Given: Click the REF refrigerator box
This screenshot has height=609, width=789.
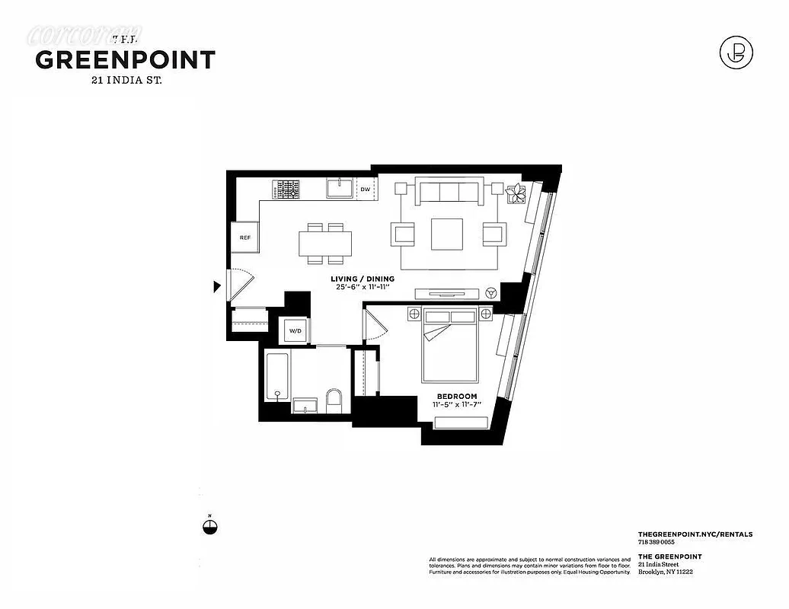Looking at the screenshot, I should click(244, 238).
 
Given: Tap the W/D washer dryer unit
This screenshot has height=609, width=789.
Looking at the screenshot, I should click(295, 330).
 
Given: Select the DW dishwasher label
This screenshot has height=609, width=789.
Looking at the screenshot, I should click(366, 190).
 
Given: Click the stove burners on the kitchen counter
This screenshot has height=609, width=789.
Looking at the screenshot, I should click(288, 189).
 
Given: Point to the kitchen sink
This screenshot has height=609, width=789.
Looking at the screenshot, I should click(338, 188).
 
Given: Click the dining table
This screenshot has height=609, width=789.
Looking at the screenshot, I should click(325, 244).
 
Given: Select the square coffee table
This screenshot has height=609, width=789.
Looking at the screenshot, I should click(447, 234).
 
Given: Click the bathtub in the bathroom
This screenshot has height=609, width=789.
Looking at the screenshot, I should click(276, 377).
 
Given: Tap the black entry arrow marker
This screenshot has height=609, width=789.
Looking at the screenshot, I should click(217, 287).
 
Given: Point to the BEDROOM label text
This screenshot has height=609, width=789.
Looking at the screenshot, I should click(456, 396).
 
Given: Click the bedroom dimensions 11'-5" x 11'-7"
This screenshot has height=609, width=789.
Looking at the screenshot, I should click(456, 405).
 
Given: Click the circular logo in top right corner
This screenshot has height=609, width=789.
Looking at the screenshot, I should click(736, 53).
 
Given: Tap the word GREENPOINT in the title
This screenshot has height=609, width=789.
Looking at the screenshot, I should click(126, 60).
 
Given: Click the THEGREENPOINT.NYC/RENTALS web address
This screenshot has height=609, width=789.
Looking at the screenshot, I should click(695, 534).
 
